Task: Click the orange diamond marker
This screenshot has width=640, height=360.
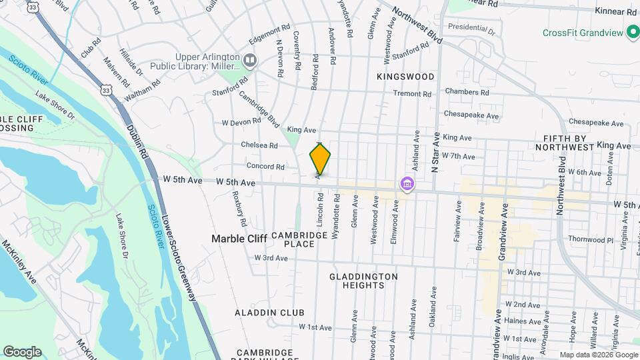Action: click(x=320, y=159)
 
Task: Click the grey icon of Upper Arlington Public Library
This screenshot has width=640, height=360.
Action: click(x=251, y=61)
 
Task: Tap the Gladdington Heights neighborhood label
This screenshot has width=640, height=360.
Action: click(x=364, y=281)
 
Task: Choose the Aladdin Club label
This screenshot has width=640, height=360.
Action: click(x=269, y=313)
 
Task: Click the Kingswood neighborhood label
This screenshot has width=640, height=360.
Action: click(x=405, y=77)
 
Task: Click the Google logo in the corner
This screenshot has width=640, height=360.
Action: click(x=22, y=352)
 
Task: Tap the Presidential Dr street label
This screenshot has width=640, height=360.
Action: click(x=472, y=29)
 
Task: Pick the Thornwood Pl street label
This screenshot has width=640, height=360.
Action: click(x=590, y=239)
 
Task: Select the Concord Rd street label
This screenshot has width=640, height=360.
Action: click(x=265, y=167)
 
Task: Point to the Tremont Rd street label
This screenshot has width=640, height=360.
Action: click(x=412, y=94)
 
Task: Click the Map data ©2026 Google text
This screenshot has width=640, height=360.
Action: click(x=598, y=355)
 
